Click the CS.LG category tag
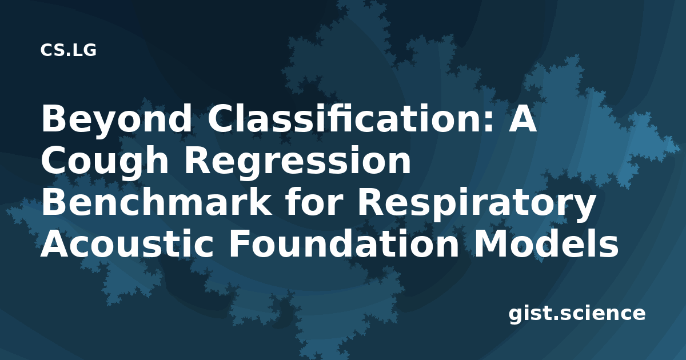pos(68,50)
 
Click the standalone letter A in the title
pos(522,118)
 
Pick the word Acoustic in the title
pos(126,243)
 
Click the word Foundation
pos(344,243)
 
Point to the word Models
pos(546,243)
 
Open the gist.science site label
pos(577,314)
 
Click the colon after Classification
pos(489,122)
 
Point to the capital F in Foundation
pos(241,243)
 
